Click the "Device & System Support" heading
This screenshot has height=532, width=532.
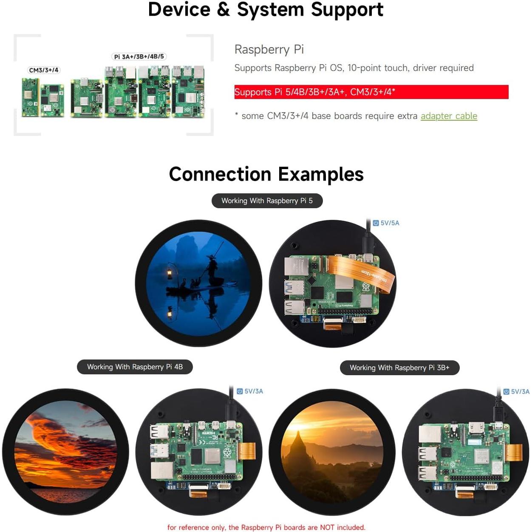click(266, 9)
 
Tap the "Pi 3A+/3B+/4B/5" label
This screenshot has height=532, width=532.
click(139, 57)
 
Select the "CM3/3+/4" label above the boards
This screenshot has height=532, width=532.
click(44, 70)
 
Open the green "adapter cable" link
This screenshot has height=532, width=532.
click(449, 116)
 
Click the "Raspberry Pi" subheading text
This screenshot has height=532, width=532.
click(269, 49)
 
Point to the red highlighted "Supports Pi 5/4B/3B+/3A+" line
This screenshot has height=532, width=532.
click(314, 92)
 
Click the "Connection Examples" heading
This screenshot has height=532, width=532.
click(266, 174)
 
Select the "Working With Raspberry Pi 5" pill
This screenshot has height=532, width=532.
click(267, 201)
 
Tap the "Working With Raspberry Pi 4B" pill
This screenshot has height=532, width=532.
click(135, 367)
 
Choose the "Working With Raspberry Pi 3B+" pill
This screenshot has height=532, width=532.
click(399, 368)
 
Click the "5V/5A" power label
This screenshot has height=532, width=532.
click(386, 223)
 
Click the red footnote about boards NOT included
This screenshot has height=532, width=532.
click(266, 527)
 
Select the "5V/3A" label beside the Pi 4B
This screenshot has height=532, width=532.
click(250, 391)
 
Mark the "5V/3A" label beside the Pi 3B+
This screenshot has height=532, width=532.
click(517, 392)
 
